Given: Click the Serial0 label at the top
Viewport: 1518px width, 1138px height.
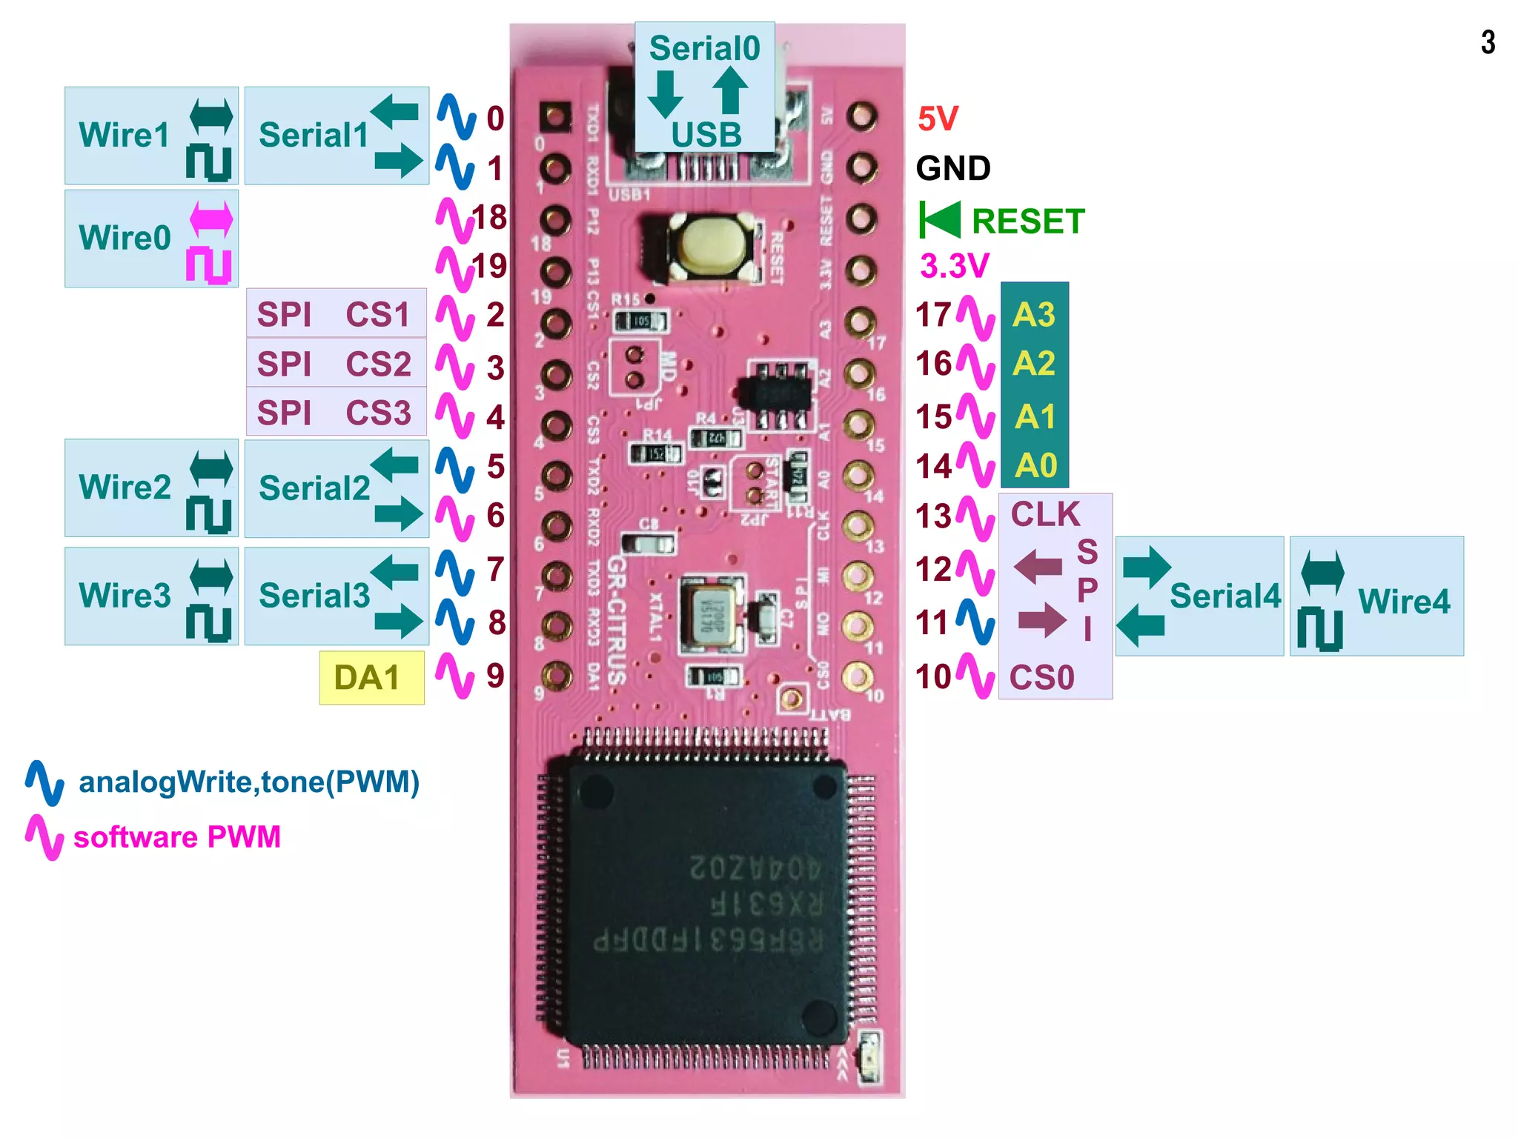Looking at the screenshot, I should [x=704, y=49].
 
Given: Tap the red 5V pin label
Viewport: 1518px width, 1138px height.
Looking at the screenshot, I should [x=938, y=119].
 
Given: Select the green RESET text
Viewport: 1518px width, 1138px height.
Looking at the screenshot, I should [x=1027, y=222].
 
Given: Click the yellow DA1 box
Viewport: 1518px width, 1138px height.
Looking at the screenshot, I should [x=371, y=677].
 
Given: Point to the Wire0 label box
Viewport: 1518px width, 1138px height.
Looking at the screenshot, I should [x=150, y=239].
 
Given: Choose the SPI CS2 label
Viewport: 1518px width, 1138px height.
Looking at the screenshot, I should [x=335, y=364].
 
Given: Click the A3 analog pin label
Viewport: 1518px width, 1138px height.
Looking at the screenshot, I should [x=1034, y=315].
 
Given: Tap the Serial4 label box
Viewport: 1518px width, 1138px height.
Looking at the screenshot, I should [x=1200, y=596].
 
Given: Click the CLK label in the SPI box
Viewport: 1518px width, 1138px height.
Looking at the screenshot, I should [x=1045, y=514].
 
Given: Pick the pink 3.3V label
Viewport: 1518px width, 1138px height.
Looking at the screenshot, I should [x=954, y=266].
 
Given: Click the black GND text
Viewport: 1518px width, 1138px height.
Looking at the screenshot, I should [x=953, y=169].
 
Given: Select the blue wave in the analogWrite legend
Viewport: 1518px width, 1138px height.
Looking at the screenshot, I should [x=45, y=782].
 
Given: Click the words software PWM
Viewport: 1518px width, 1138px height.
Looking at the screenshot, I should [x=176, y=837].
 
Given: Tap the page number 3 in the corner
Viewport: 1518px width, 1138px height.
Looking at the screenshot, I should [x=1488, y=42].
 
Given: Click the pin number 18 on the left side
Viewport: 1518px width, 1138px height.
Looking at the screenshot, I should [x=489, y=218].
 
